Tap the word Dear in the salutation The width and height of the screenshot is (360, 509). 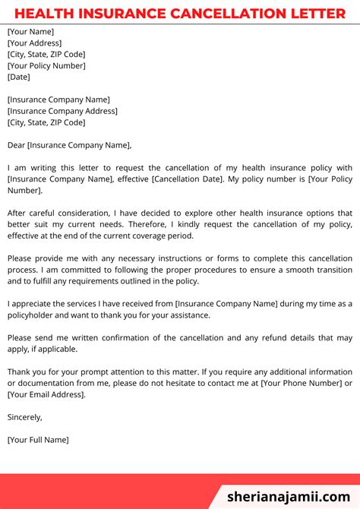(x=16, y=145)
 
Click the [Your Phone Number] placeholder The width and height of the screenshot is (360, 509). (x=301, y=384)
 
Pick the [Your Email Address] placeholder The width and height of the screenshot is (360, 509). (x=46, y=395)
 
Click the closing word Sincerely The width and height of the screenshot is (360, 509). (x=24, y=417)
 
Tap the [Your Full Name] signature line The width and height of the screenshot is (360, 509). (x=38, y=440)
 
